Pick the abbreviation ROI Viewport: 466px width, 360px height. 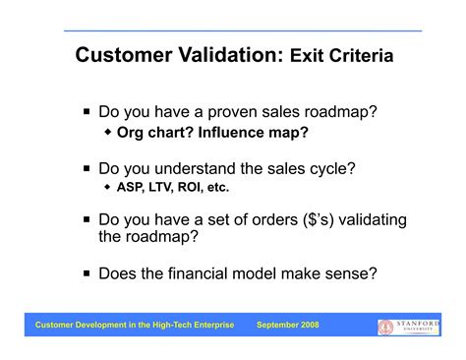[195, 186]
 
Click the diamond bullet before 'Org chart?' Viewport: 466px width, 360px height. [107, 131]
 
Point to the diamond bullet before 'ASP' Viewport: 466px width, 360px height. [107, 186]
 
